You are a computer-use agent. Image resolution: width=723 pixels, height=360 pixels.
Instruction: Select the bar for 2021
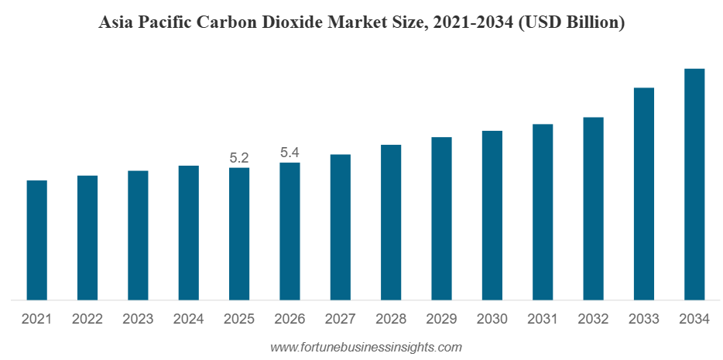pos(36,240)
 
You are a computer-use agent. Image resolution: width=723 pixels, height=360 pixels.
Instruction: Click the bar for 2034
pos(694,183)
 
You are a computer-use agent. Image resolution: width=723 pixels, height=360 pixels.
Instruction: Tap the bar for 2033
pos(644,194)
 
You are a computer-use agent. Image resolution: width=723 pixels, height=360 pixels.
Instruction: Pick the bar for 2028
pos(391,222)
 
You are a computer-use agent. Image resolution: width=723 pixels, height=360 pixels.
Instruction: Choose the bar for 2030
pos(492,214)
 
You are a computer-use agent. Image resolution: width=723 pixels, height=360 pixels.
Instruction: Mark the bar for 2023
pos(138,235)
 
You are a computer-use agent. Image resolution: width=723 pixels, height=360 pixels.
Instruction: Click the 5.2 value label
pos(239,158)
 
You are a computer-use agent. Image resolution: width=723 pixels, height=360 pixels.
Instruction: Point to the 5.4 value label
pos(290,153)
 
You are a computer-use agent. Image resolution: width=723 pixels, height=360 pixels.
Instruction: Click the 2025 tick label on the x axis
pos(239,319)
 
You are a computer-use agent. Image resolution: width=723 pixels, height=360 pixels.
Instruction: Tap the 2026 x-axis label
pos(290,319)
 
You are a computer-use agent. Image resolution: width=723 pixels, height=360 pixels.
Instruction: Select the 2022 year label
pos(87,319)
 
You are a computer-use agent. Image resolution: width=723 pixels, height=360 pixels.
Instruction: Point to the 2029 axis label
pos(441,319)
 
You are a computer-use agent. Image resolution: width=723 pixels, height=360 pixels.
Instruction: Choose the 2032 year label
pos(593,319)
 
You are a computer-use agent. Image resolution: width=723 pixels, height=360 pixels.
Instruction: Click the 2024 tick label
pos(189,319)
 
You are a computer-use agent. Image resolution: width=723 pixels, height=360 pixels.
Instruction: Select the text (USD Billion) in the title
pos(571,23)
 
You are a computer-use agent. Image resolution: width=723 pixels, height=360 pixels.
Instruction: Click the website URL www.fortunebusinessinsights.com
pos(366,347)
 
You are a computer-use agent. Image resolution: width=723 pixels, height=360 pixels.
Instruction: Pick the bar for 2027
pos(340,227)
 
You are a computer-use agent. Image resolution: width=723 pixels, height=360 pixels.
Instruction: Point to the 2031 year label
pos(543,319)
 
